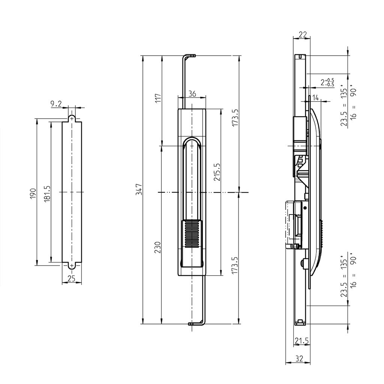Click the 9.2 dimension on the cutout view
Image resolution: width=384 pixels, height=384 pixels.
coord(56,104)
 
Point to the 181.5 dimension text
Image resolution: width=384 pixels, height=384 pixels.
coord(47,194)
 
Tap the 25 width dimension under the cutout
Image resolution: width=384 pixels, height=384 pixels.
coord(71,278)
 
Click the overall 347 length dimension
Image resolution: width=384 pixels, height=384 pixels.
coord(139,189)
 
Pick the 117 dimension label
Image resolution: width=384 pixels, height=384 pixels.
coord(158,98)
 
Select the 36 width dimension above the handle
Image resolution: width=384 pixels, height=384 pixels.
coord(192,94)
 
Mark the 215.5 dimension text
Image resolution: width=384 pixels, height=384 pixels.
coord(216,172)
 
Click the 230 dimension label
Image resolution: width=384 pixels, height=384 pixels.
coord(158,248)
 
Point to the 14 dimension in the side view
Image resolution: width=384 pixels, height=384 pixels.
coord(315,98)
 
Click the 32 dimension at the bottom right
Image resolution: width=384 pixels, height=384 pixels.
coord(299,358)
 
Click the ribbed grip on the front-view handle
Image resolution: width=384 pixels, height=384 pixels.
coord(192,234)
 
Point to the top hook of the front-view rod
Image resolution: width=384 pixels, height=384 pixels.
coord(189,56)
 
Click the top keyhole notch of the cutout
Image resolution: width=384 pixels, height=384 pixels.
coord(72,118)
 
